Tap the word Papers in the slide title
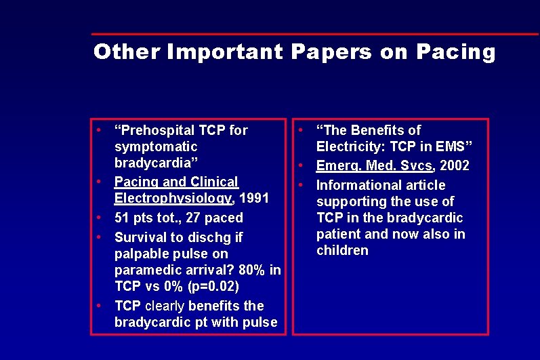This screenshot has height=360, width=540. pyautogui.click(x=332, y=52)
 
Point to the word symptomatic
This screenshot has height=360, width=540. pyautogui.click(x=156, y=146)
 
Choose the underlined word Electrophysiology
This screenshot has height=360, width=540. pyautogui.click(x=173, y=199)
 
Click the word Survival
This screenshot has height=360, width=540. pyautogui.click(x=142, y=237)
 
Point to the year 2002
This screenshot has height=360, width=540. pyautogui.click(x=455, y=166)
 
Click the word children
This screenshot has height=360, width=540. pyautogui.click(x=342, y=250)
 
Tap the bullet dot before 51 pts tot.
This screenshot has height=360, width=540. pyautogui.click(x=99, y=218)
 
